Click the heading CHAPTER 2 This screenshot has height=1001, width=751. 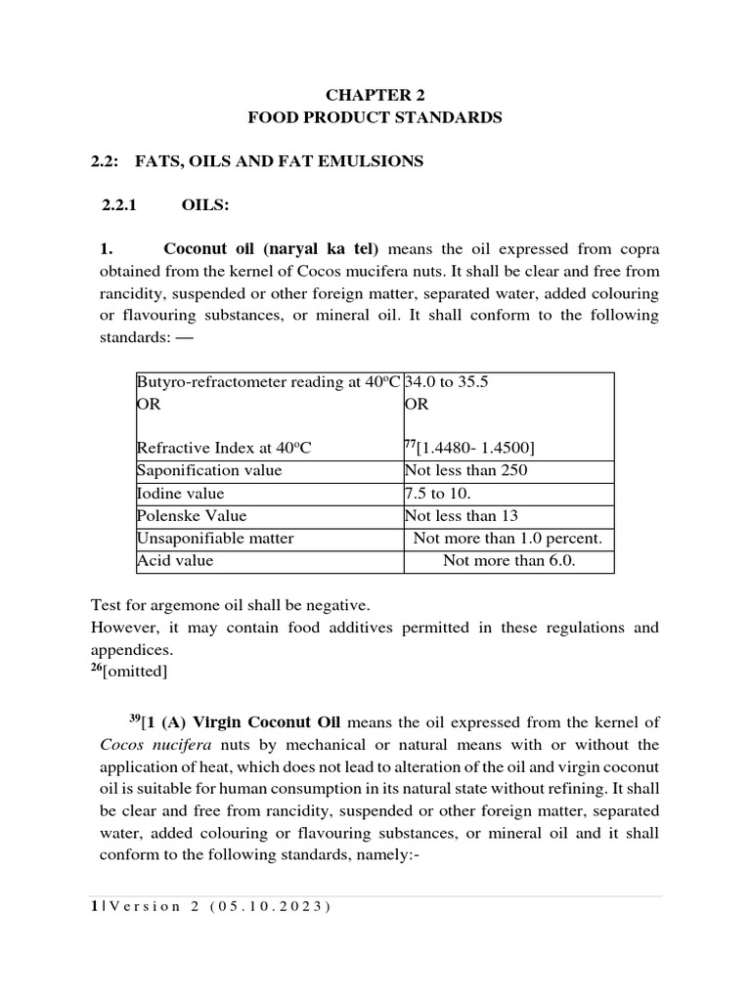375,95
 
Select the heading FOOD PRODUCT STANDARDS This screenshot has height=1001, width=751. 375,117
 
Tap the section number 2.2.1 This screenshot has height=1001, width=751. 123,206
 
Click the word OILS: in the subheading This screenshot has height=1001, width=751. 205,206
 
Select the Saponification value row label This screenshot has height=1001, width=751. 209,470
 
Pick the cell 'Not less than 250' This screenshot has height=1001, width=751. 462,470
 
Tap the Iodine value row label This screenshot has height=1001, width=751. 181,493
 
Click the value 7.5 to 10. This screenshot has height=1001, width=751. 437,493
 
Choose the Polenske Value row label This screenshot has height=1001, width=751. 192,515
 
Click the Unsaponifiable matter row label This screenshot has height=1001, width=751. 215,538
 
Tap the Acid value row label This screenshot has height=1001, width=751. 175,560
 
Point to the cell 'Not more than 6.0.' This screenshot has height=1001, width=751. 508,560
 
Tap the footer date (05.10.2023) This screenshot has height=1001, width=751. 268,906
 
